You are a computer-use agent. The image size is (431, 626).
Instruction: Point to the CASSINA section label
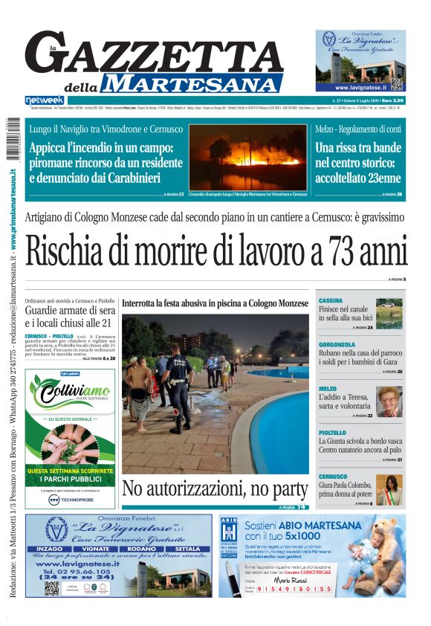tap(331, 300)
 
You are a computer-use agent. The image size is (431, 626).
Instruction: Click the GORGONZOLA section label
tap(337, 344)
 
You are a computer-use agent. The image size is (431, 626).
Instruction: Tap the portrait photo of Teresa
tap(389, 401)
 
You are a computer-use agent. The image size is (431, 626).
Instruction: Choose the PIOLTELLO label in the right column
tap(332, 432)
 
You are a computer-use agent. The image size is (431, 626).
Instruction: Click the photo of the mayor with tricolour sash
tap(389, 490)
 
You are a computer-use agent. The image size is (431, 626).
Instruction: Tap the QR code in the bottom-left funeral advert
tap(51, 587)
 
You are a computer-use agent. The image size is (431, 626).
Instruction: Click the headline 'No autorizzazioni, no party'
tap(215, 488)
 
